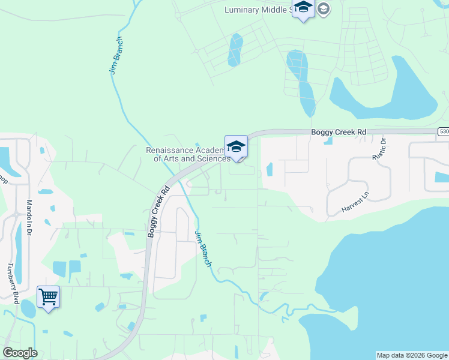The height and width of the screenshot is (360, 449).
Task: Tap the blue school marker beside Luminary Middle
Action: tap(303, 8)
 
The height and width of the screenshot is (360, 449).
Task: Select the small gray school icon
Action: tap(323, 8)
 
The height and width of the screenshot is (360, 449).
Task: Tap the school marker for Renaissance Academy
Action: tap(236, 146)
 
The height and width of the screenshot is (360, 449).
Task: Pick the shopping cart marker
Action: tap(48, 296)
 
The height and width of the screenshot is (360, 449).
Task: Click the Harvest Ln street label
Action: tap(355, 204)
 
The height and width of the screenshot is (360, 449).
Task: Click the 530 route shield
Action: tap(444, 131)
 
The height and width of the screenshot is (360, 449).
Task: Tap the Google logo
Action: tap(20, 353)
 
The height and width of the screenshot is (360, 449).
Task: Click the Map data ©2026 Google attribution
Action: tap(412, 355)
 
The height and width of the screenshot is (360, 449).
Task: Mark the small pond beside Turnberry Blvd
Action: tap(28, 308)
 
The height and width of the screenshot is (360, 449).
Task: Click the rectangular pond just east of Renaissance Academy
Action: tap(269, 169)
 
